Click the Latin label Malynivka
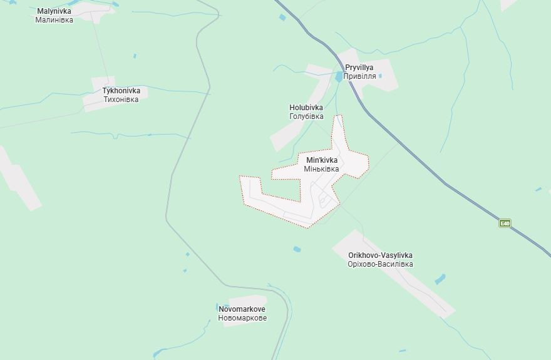(54, 11)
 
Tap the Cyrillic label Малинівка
(54, 20)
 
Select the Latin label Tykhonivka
(121, 91)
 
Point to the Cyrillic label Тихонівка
(121, 100)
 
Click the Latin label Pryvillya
(359, 68)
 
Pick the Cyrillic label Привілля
(360, 76)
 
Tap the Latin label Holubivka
(306, 108)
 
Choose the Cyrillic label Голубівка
(306, 116)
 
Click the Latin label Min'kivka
(322, 160)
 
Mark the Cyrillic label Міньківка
(322, 169)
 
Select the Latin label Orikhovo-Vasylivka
(380, 255)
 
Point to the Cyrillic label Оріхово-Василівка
(380, 264)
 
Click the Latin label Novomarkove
(242, 309)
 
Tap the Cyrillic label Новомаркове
(242, 318)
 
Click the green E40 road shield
(505, 223)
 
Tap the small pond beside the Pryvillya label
(339, 76)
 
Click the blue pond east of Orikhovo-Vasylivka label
(440, 279)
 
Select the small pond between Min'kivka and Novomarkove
(297, 249)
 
